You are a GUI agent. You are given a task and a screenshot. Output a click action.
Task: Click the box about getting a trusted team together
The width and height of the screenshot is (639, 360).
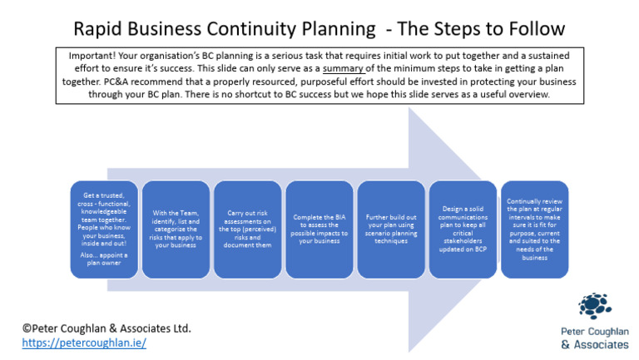click(103, 229)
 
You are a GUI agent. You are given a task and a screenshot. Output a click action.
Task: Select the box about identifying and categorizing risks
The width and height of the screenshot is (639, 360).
click(175, 229)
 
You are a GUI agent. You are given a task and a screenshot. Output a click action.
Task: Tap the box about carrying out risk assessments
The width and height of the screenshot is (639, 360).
click(246, 229)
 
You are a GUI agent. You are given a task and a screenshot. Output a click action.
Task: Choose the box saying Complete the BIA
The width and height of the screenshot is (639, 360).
click(318, 229)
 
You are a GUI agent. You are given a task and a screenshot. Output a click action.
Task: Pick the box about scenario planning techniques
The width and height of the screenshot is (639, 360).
click(389, 229)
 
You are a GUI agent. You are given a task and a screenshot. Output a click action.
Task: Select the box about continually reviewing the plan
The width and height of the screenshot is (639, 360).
click(535, 229)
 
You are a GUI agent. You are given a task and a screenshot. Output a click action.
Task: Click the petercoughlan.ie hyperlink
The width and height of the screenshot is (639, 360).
click(84, 343)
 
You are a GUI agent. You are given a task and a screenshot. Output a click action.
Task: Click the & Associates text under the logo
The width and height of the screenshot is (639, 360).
click(596, 343)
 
